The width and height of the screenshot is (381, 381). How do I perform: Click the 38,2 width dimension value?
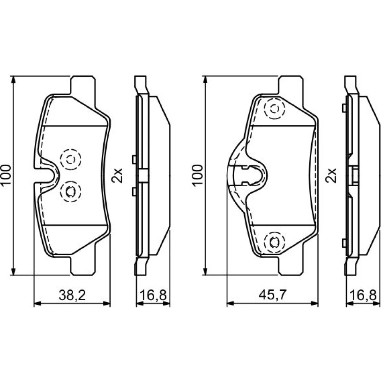click(x=72, y=296)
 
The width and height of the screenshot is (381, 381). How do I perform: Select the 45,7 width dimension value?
click(x=273, y=295)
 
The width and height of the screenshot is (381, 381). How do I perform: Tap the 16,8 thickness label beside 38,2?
click(x=153, y=296)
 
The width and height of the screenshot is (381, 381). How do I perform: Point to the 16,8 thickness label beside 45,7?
click(x=363, y=296)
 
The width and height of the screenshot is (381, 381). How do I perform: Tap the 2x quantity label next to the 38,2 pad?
click(x=117, y=175)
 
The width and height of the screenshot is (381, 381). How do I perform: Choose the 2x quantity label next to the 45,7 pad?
click(x=331, y=175)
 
